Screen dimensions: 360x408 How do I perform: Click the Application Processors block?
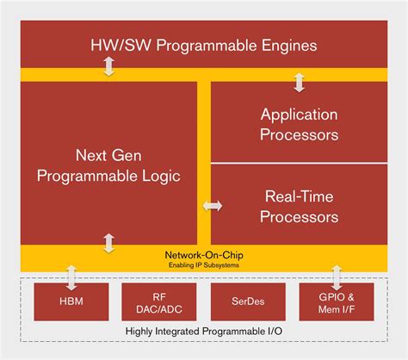(x=300, y=123)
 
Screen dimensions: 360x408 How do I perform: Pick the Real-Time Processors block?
(x=300, y=205)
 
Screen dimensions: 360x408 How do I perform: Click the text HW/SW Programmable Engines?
(x=205, y=45)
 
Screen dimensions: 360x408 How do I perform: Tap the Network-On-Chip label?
(x=204, y=255)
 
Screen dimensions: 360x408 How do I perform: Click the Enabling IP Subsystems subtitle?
(x=204, y=265)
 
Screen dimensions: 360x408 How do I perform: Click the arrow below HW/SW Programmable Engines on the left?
(x=108, y=67)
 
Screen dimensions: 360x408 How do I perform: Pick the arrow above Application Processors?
(x=300, y=82)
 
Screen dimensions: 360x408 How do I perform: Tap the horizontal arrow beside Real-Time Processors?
(x=211, y=206)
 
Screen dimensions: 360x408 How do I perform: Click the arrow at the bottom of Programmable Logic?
(x=108, y=243)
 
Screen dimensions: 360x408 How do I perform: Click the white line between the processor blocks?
(x=300, y=164)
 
